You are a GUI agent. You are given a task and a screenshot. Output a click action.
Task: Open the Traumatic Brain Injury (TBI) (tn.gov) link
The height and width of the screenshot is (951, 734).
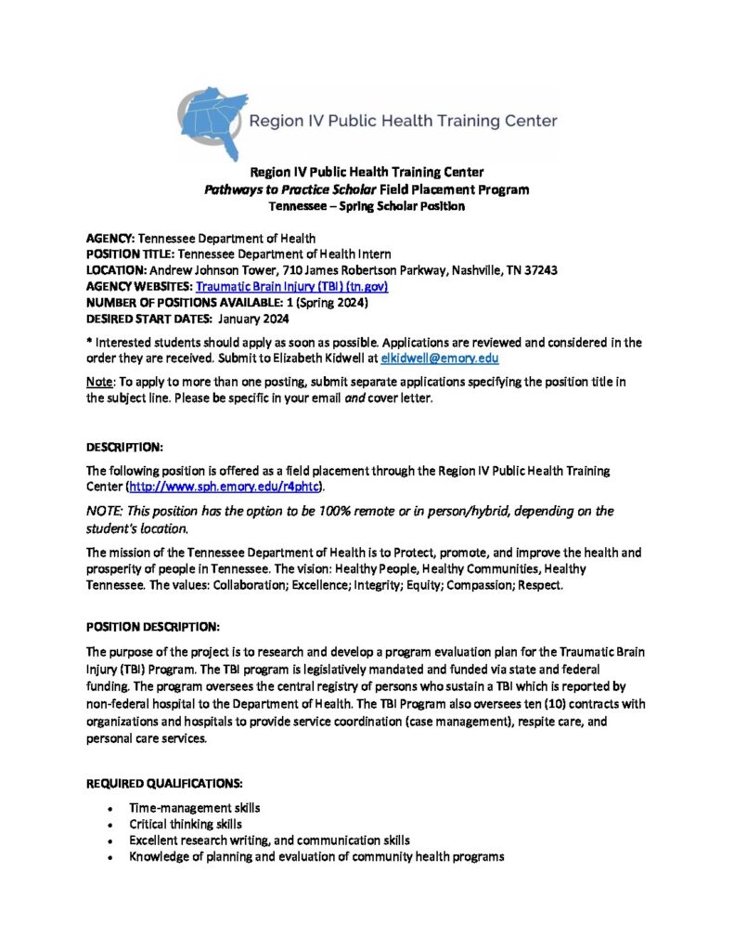pos(290,286)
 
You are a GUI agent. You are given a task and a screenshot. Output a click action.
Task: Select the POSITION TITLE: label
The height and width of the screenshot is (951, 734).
pos(130,254)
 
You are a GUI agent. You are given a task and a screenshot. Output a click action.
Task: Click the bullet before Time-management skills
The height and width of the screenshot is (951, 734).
pos(110,808)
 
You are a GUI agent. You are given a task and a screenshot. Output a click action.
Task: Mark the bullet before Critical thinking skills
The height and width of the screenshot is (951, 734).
pos(110,824)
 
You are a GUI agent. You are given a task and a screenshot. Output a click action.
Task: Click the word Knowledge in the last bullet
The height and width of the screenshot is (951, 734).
pos(159,856)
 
